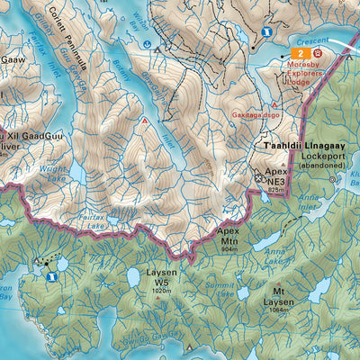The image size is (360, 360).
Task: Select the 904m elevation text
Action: tap(229, 248)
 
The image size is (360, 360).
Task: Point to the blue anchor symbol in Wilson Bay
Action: tap(147, 42)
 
